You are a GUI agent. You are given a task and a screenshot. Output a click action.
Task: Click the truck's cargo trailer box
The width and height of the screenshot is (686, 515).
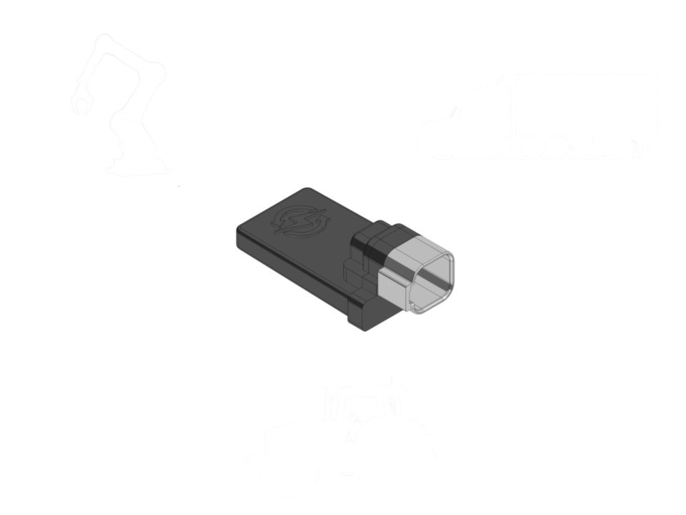[x=586, y=104]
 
